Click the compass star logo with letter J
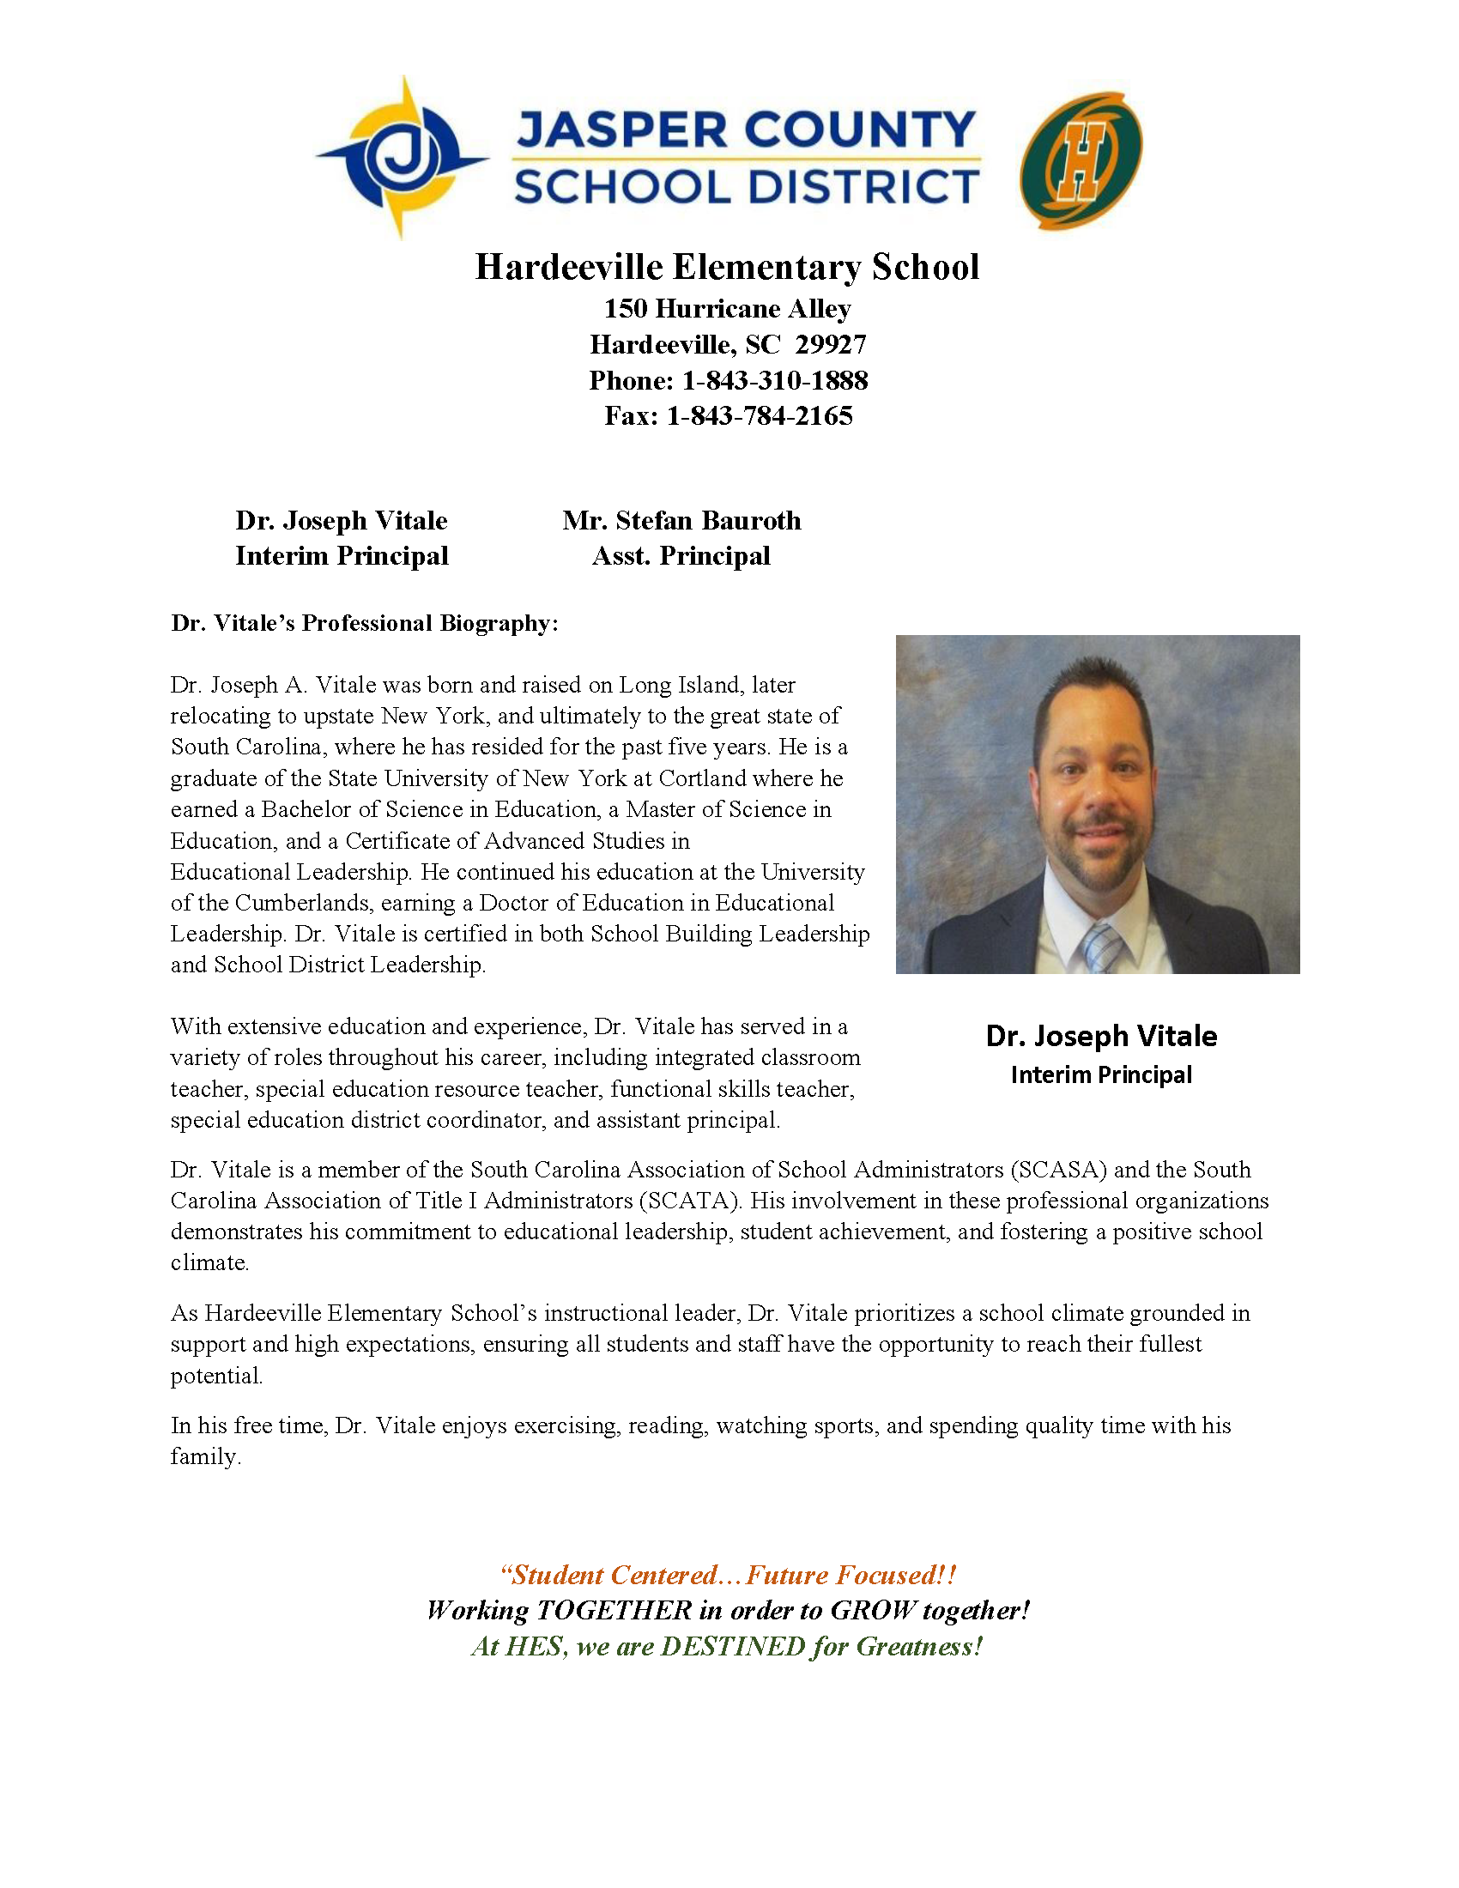pyautogui.click(x=400, y=157)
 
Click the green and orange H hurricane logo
pyautogui.click(x=1081, y=160)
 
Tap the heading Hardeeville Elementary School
pyautogui.click(x=727, y=267)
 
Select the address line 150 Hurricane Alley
pyautogui.click(x=727, y=309)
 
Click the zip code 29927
pyautogui.click(x=831, y=345)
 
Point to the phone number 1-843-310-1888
pyautogui.click(x=774, y=380)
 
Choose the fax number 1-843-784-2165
pyautogui.click(x=759, y=416)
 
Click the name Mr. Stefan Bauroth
pyautogui.click(x=681, y=520)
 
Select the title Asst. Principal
pyautogui.click(x=681, y=556)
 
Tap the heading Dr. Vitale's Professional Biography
pyautogui.click(x=365, y=623)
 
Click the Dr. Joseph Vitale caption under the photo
pyautogui.click(x=1101, y=1036)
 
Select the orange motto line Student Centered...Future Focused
pyautogui.click(x=728, y=1575)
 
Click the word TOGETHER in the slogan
pyautogui.click(x=614, y=1611)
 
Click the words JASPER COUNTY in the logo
pyautogui.click(x=745, y=130)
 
